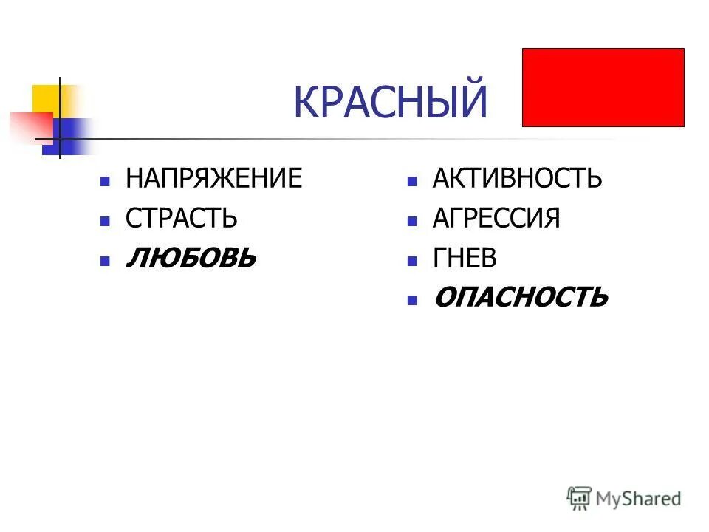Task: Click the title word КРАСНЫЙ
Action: [391, 102]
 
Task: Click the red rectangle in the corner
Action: [603, 88]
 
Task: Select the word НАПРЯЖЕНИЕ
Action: [213, 179]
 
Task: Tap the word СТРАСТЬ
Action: [182, 218]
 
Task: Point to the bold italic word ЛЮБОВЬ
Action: [191, 258]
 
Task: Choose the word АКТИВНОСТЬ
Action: [517, 179]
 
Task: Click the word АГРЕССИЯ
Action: [496, 218]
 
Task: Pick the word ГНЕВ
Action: [465, 258]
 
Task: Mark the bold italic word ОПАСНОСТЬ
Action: [521, 298]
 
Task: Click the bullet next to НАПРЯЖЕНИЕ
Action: [106, 180]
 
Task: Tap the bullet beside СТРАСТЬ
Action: [106, 220]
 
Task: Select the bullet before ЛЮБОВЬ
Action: [106, 260]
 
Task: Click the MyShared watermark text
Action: [640, 499]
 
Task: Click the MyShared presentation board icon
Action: [579, 498]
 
